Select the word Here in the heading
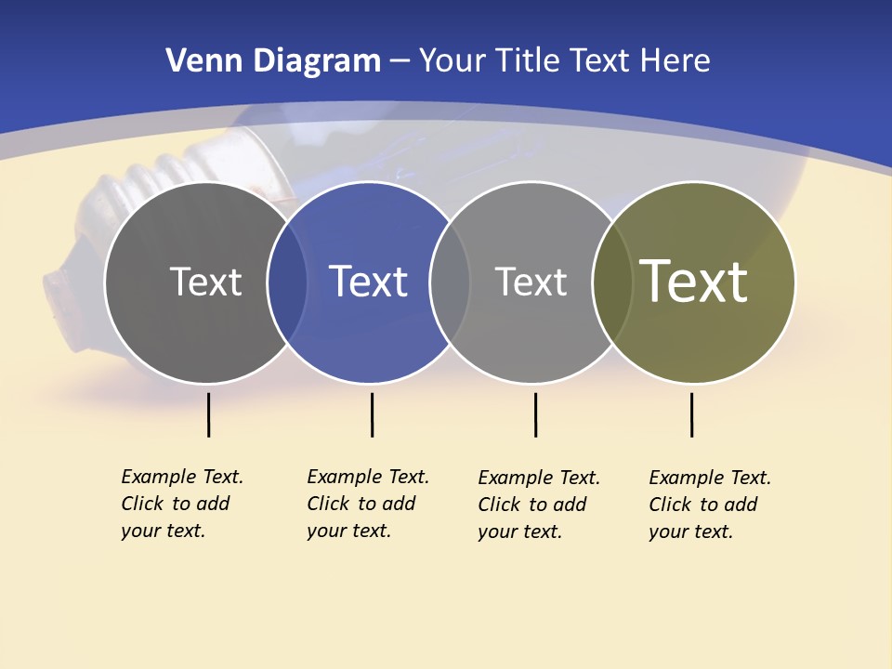tap(674, 61)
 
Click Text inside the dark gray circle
tap(205, 282)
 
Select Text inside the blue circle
tap(368, 282)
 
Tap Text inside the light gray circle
tap(531, 282)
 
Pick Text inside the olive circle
tap(693, 281)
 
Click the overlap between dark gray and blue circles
tap(287, 282)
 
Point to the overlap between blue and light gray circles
tap(450, 282)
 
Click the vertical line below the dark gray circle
tap(208, 414)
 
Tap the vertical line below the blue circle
tap(372, 414)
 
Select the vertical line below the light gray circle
tap(535, 414)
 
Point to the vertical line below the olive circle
tap(691, 414)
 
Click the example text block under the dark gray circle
tap(181, 504)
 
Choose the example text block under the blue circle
tap(367, 504)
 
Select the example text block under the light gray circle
tap(538, 505)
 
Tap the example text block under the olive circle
tap(709, 505)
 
